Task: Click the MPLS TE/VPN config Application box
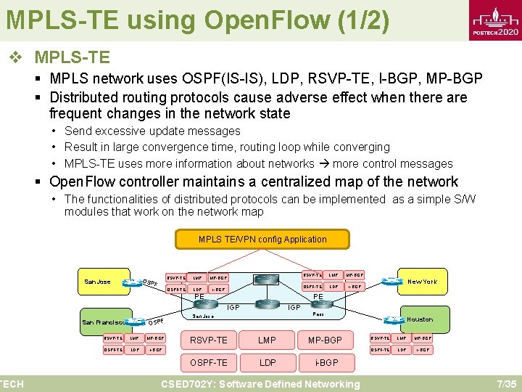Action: (x=262, y=240)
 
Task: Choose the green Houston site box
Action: (x=420, y=319)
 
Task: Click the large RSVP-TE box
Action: (x=208, y=340)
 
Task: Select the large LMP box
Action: (x=267, y=340)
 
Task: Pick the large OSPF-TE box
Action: (x=208, y=362)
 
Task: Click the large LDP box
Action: (x=267, y=362)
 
